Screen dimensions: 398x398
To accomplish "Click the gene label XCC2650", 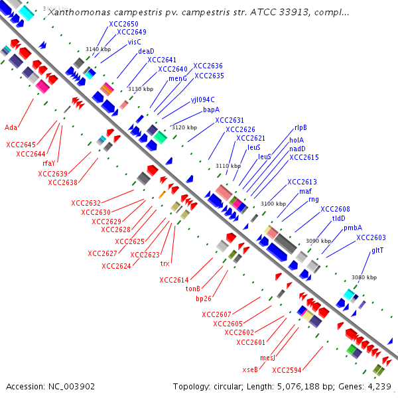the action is pyautogui.click(x=123, y=23).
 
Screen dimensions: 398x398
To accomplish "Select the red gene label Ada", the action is pyautogui.click(x=11, y=127).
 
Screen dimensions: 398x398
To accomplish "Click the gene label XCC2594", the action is pyautogui.click(x=287, y=370).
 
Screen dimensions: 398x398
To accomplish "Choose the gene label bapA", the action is pyautogui.click(x=211, y=109).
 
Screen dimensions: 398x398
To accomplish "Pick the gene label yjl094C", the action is pyautogui.click(x=202, y=99).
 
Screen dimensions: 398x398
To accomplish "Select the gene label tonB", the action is pyautogui.click(x=193, y=289).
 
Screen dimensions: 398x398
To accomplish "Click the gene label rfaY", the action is pyautogui.click(x=49, y=163).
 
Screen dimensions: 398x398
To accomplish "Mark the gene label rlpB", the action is pyautogui.click(x=300, y=128).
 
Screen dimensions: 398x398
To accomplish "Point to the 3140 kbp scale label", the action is pyautogui.click(x=97, y=49).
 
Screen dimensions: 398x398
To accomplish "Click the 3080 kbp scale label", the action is pyautogui.click(x=364, y=277).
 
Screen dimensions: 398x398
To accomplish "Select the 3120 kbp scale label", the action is pyautogui.click(x=184, y=127).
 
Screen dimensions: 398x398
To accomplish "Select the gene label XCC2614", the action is pyautogui.click(x=174, y=280).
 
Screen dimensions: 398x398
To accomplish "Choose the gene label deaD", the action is pyautogui.click(x=146, y=51).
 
